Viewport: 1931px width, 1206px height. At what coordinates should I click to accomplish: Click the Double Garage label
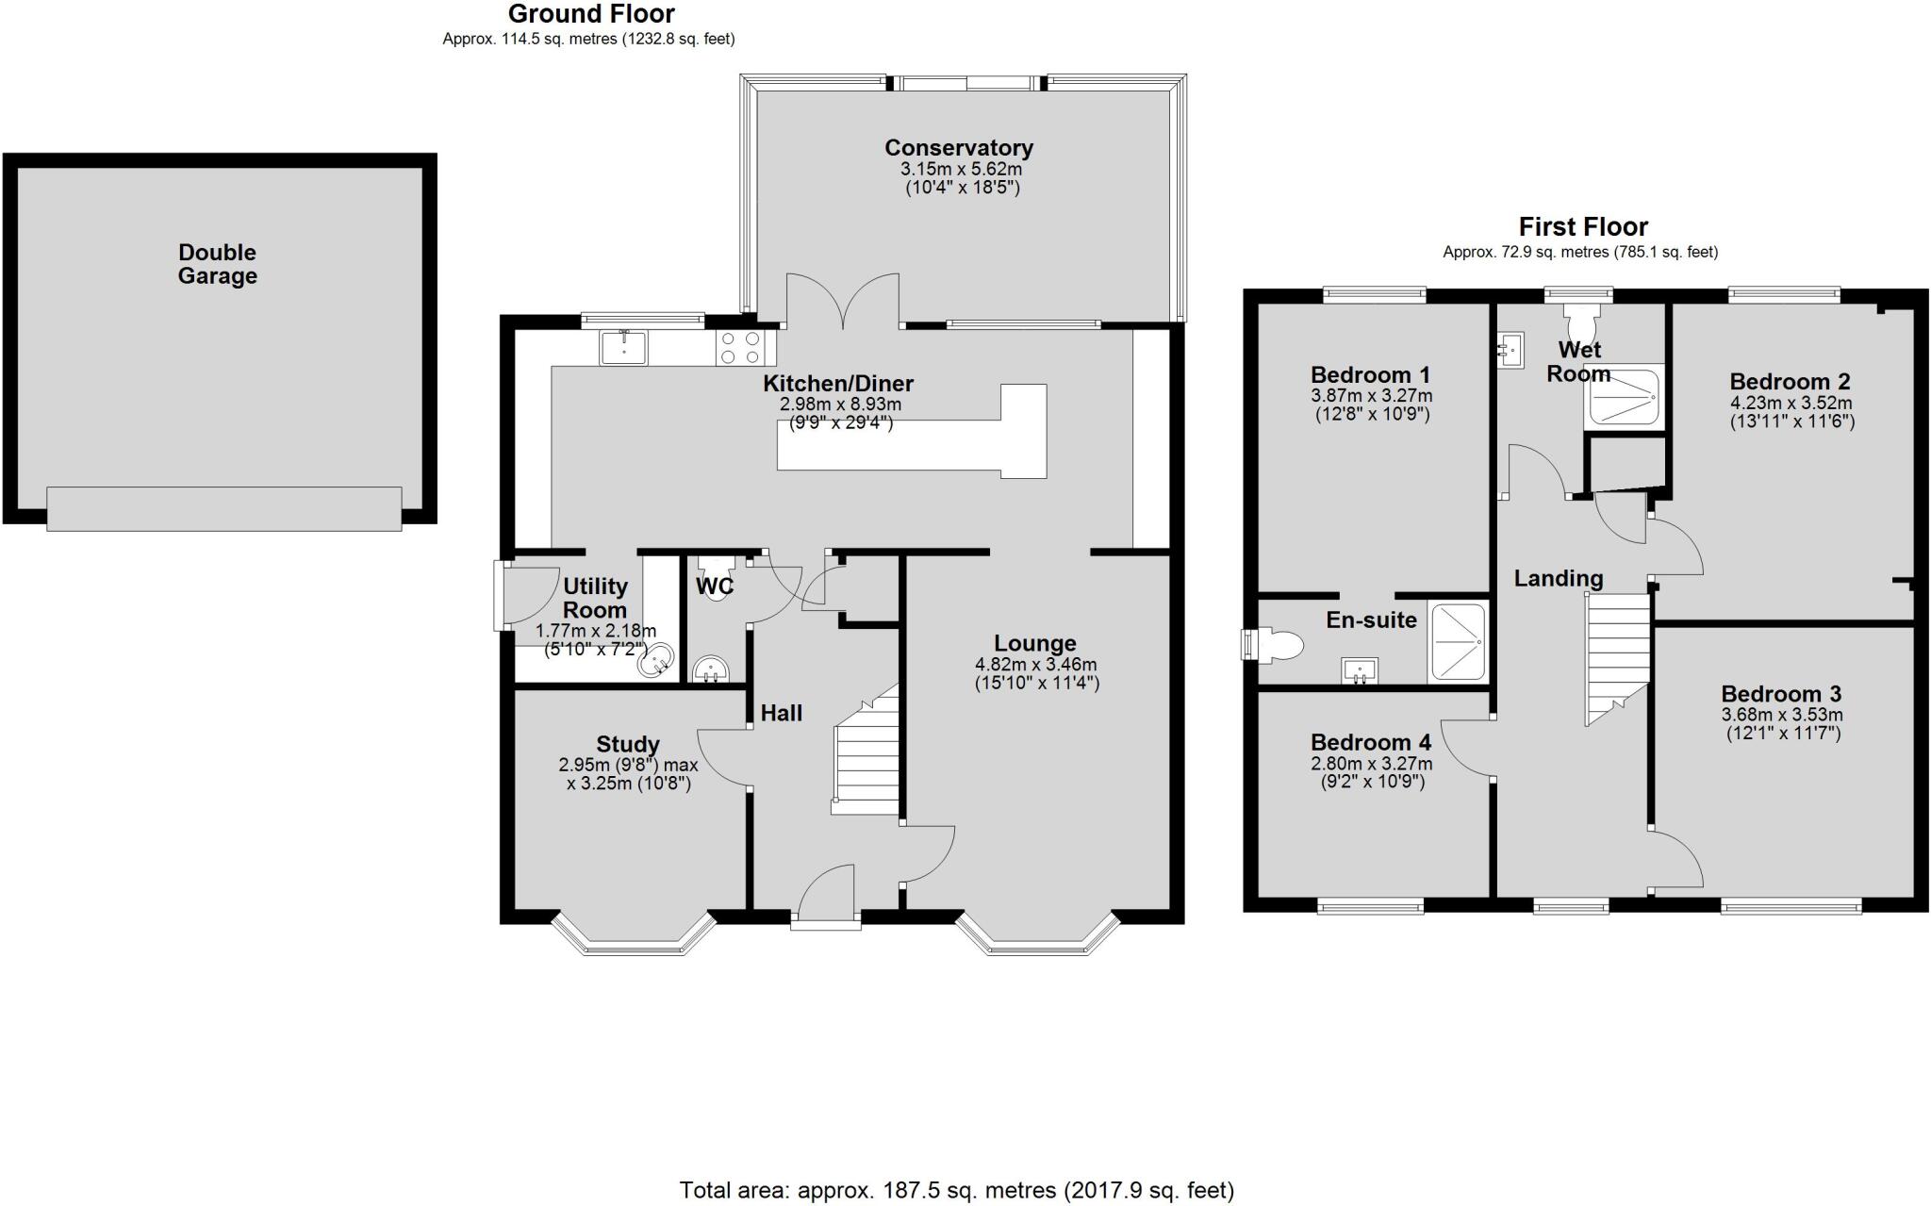pos(217,264)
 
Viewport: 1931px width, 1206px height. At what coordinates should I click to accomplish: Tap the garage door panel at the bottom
pos(224,508)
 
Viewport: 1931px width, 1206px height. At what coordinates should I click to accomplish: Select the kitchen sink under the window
pos(623,348)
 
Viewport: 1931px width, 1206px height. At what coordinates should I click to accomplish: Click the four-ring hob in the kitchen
pos(740,348)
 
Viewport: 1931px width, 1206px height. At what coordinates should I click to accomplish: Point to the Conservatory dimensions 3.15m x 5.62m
pos(960,170)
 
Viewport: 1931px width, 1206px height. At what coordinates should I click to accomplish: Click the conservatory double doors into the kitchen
pos(843,300)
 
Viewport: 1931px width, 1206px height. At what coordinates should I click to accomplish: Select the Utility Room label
pos(595,598)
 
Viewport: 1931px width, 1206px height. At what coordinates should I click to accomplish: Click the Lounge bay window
pos(1037,938)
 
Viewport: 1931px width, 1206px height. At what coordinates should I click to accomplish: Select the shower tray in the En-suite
pos(1458,641)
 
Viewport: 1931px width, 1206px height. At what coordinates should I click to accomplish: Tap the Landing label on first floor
pos(1558,578)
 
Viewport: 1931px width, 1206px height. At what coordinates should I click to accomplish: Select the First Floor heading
pos(1583,227)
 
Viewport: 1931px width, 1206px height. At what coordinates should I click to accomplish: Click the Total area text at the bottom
pos(956,1190)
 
